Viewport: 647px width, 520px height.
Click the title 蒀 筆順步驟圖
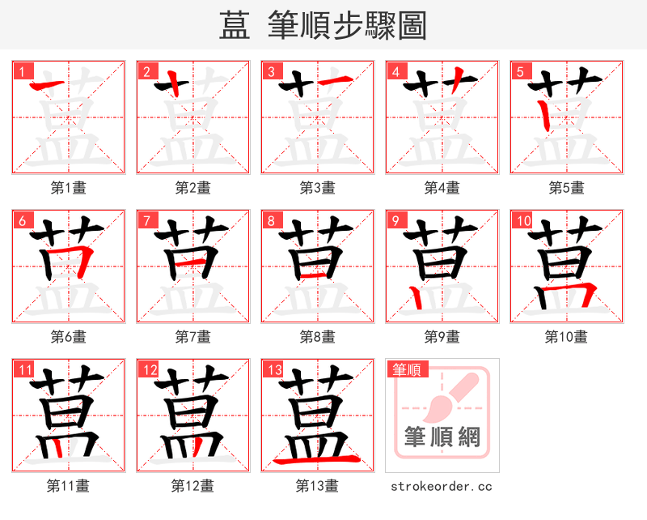pos(323,25)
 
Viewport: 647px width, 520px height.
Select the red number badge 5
pos(520,71)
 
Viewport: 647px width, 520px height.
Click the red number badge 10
pos(522,220)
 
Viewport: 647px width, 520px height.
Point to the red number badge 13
pos(273,370)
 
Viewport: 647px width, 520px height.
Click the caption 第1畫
pos(68,187)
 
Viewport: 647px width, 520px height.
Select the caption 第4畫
pos(442,187)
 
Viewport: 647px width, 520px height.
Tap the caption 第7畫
pos(192,336)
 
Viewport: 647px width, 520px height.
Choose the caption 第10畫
pos(566,336)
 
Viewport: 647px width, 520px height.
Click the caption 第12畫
pos(192,486)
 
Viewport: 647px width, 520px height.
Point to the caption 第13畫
pos(317,486)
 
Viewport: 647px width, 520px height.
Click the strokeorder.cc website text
pos(442,486)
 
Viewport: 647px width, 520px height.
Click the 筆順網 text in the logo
pos(442,438)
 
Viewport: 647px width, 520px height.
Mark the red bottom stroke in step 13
pos(317,459)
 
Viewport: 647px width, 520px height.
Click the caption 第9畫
pos(442,336)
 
